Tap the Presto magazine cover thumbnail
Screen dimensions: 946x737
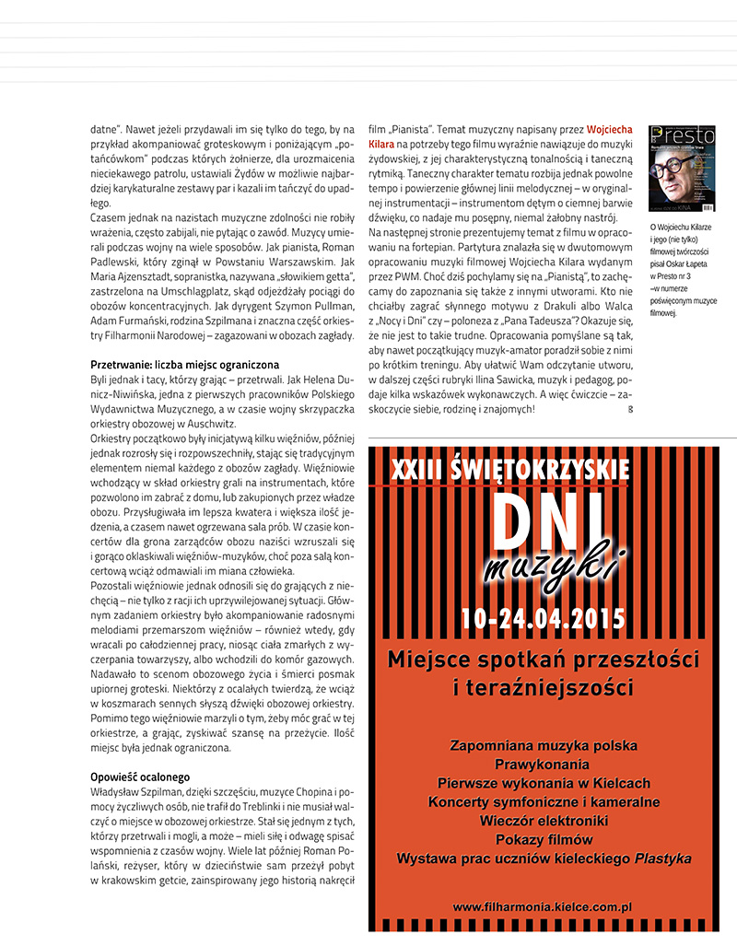click(x=682, y=168)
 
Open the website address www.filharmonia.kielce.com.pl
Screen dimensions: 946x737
click(x=543, y=906)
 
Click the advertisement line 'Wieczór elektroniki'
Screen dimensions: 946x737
click(x=543, y=821)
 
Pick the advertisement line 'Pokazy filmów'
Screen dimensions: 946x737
click(x=544, y=839)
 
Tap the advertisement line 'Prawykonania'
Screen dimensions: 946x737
click(x=543, y=765)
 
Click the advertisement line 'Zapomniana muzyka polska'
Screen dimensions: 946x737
click(x=543, y=745)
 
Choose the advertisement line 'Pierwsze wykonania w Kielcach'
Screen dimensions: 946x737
click(x=543, y=783)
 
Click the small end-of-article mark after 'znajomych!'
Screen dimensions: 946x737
click(x=630, y=408)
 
